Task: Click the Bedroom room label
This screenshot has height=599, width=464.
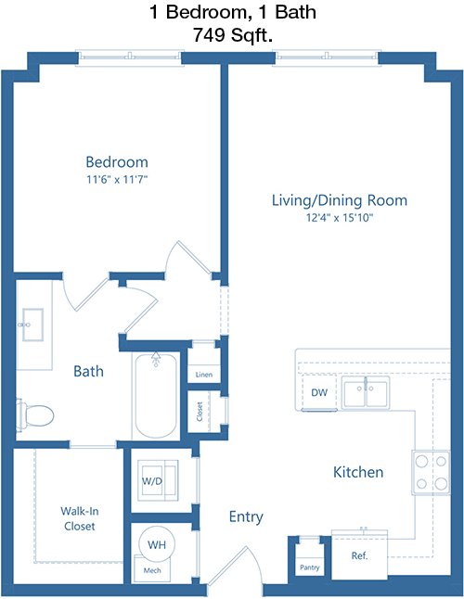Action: point(117,162)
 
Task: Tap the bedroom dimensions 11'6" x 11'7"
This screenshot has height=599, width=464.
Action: point(117,179)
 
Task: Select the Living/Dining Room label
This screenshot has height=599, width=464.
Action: point(340,200)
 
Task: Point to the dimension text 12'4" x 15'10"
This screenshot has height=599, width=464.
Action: point(340,218)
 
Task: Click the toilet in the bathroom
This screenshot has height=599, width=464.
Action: point(34,415)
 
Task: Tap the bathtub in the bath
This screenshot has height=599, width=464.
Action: point(156,395)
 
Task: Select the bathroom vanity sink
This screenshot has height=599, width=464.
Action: point(32,325)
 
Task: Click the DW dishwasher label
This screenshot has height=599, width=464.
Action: point(319,392)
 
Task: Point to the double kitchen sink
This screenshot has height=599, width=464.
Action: point(366,392)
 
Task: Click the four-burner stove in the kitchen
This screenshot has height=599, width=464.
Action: point(431,473)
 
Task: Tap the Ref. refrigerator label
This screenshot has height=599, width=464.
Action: point(359,555)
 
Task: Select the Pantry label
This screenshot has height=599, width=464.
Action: point(310,567)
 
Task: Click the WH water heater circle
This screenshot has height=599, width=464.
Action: point(156,544)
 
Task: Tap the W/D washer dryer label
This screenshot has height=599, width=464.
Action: point(152,481)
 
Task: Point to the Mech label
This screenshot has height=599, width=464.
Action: point(152,570)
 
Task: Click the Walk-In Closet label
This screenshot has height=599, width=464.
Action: point(80,518)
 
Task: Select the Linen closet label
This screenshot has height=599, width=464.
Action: point(204,375)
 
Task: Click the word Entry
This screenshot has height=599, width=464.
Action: point(246,516)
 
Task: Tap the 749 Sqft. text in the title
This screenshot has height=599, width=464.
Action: point(232,35)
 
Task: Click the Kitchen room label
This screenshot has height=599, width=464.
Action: point(358,472)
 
